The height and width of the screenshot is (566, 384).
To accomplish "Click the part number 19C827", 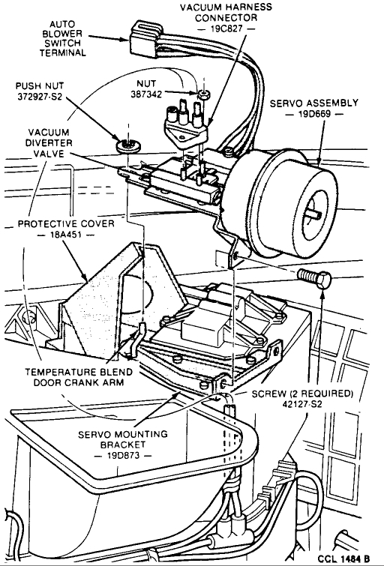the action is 226,28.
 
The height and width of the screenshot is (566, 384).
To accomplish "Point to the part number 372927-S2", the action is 40,97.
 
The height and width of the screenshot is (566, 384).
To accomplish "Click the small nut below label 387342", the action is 204,95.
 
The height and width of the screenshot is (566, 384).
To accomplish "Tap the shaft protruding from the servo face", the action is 314,214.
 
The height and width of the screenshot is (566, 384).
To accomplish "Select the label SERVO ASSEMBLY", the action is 314,103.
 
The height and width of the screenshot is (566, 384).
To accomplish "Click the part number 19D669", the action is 314,114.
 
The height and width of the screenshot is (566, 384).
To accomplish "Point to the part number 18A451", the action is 65,235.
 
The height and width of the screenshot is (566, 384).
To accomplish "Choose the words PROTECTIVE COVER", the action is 66,224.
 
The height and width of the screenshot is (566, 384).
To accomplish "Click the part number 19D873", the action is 123,456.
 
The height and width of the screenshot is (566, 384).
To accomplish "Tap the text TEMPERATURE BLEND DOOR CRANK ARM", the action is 79,377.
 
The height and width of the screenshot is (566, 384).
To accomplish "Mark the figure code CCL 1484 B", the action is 344,559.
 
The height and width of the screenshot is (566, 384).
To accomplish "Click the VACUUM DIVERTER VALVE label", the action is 49,143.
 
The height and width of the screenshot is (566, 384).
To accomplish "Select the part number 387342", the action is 146,94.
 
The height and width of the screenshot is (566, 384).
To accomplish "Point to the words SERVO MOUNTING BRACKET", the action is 123,439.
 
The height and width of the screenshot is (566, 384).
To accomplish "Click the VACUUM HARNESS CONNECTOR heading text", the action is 226,12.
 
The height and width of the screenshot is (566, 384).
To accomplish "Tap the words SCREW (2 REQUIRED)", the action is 302,394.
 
